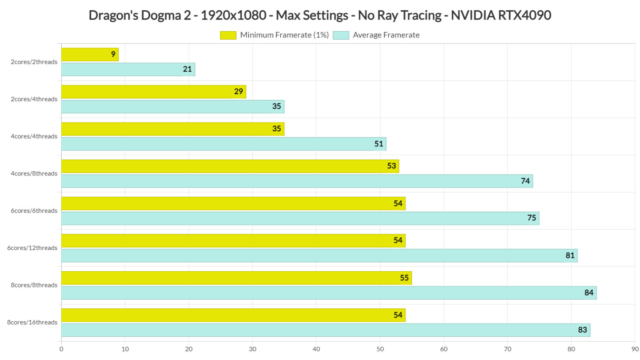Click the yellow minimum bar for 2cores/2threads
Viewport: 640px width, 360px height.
pyautogui.click(x=90, y=55)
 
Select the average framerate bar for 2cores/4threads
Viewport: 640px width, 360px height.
pyautogui.click(x=172, y=107)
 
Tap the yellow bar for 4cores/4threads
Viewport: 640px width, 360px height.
pyautogui.click(x=172, y=129)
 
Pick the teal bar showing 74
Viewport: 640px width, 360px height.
pyautogui.click(x=297, y=181)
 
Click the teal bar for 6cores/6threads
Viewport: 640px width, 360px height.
pyautogui.click(x=300, y=218)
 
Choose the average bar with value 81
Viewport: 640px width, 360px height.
pyautogui.click(x=319, y=255)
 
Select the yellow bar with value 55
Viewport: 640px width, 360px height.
pyautogui.click(x=236, y=278)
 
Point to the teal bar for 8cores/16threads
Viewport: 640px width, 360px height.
pyautogui.click(x=325, y=330)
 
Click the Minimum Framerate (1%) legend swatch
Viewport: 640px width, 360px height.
pyautogui.click(x=228, y=35)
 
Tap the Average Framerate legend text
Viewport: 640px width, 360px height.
pyautogui.click(x=386, y=35)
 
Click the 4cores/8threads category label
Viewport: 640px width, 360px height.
pyautogui.click(x=34, y=174)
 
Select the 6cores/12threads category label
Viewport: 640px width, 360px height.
pyautogui.click(x=32, y=248)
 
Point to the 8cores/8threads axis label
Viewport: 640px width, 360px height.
pyautogui.click(x=34, y=285)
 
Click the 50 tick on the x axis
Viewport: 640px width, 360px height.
pyautogui.click(x=380, y=349)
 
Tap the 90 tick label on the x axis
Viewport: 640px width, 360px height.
pyautogui.click(x=635, y=349)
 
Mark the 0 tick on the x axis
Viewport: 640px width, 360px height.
pyautogui.click(x=61, y=349)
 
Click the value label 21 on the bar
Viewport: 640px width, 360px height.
pyautogui.click(x=187, y=69)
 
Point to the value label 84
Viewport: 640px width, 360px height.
pyautogui.click(x=588, y=293)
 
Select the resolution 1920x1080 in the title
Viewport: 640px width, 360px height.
pyautogui.click(x=233, y=15)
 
